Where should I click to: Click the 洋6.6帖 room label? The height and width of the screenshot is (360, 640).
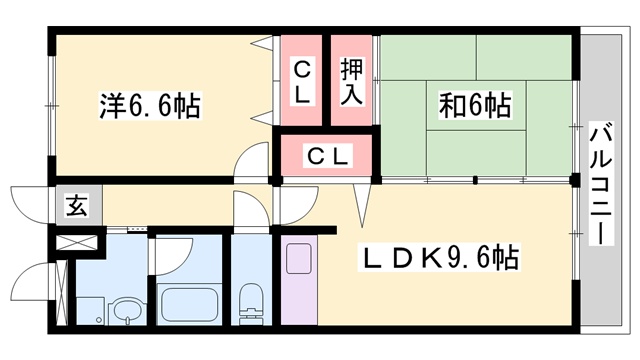coord(150,105)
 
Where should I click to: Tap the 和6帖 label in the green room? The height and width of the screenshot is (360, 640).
coord(475,105)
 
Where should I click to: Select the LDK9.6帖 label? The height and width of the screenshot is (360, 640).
coord(440,260)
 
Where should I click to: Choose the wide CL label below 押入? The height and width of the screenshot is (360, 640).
coord(327,157)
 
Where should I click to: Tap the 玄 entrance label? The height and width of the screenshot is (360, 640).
coord(76,207)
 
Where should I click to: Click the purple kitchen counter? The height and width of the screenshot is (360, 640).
coord(298,280)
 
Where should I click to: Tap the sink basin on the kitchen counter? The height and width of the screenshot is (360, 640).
coord(299,259)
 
